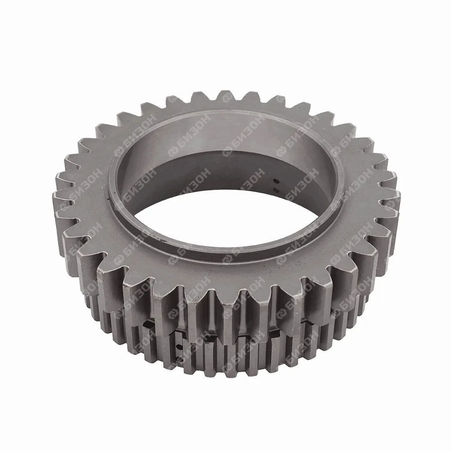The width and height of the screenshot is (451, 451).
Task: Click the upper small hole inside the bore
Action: point(277,181)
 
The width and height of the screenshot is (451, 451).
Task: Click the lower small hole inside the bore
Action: point(277,190)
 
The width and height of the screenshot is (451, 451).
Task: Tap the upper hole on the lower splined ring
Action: point(179,346)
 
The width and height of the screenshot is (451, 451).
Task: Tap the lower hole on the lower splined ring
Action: point(176,359)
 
